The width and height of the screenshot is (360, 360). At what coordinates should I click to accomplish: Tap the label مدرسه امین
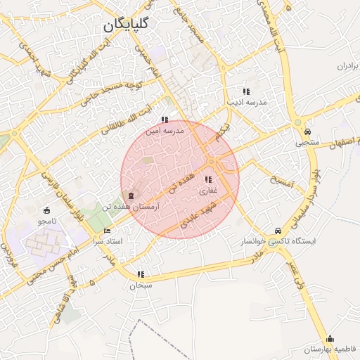(x=164, y=131)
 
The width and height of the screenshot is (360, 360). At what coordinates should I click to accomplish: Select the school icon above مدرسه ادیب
(x=246, y=91)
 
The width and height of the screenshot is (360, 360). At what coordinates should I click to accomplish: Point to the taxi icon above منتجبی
(x=307, y=131)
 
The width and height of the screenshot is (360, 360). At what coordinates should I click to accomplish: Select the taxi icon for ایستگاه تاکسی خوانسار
(x=278, y=231)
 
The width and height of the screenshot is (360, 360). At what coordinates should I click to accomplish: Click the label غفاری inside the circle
(x=208, y=191)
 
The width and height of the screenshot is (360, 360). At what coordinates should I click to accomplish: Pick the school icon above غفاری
(x=207, y=179)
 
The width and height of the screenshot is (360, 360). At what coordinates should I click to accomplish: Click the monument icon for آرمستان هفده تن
(x=129, y=193)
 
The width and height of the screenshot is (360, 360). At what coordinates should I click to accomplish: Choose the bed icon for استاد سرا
(x=107, y=230)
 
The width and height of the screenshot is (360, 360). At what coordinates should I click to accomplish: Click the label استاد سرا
(x=108, y=241)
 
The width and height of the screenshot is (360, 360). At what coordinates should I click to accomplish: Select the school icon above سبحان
(x=141, y=274)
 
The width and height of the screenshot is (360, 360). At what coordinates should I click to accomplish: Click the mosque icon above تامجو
(x=47, y=210)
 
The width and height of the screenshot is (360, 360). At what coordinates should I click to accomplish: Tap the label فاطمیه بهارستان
(x=330, y=349)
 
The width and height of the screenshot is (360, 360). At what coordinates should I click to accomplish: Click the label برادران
(x=347, y=65)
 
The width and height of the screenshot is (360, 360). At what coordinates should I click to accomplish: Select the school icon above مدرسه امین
(x=165, y=120)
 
